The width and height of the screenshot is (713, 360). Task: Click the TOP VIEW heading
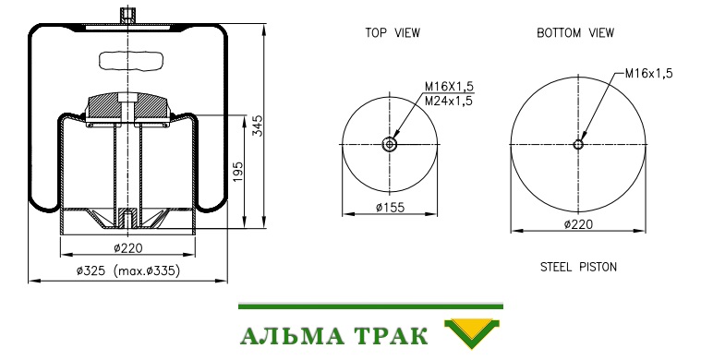click(x=393, y=32)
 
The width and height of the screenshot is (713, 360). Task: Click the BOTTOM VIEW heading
click(x=575, y=32)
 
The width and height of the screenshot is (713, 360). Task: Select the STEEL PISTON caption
click(x=578, y=267)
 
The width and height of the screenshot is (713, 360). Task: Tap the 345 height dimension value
click(x=258, y=126)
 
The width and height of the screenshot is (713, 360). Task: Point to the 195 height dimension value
click(x=238, y=173)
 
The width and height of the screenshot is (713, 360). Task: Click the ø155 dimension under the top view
click(x=390, y=208)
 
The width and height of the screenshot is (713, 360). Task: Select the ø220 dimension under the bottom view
click(x=578, y=224)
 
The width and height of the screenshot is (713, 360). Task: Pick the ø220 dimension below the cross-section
click(x=127, y=248)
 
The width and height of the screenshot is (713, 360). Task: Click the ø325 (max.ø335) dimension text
click(x=128, y=270)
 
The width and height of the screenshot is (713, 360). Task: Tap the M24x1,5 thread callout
click(x=448, y=101)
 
